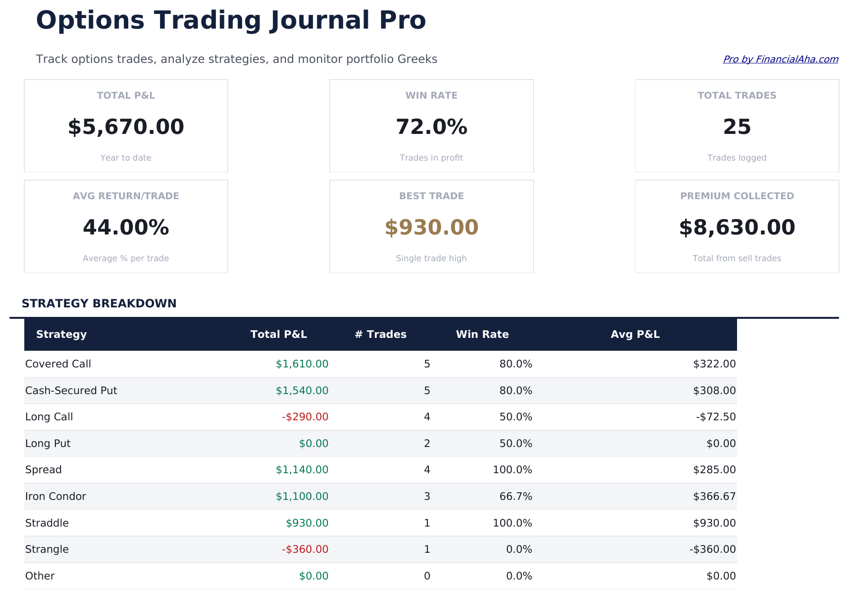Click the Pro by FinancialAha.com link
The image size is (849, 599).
[x=780, y=59]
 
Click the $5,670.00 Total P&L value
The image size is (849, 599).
[x=126, y=127]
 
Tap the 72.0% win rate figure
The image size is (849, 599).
[x=431, y=127]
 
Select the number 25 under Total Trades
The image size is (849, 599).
[x=737, y=127]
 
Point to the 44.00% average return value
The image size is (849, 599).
[x=126, y=228]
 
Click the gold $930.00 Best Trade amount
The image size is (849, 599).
[x=431, y=228]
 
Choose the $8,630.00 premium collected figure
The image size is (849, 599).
[x=737, y=228]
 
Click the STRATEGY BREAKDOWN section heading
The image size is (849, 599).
[x=99, y=304]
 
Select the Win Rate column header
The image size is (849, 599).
[x=482, y=335]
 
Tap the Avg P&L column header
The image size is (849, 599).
[x=635, y=335]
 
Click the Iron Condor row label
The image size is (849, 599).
[x=56, y=497]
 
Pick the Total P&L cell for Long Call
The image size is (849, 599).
[x=305, y=417]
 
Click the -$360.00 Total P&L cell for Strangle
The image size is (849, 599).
[x=305, y=549]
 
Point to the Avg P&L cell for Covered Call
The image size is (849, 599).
[x=714, y=364]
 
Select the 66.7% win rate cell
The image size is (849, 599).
[x=515, y=497]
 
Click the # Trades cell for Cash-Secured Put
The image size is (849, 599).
[x=427, y=391]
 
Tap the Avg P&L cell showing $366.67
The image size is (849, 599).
[x=714, y=497]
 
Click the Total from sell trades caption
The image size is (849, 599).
[x=737, y=258]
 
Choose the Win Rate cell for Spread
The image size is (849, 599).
[x=512, y=470]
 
